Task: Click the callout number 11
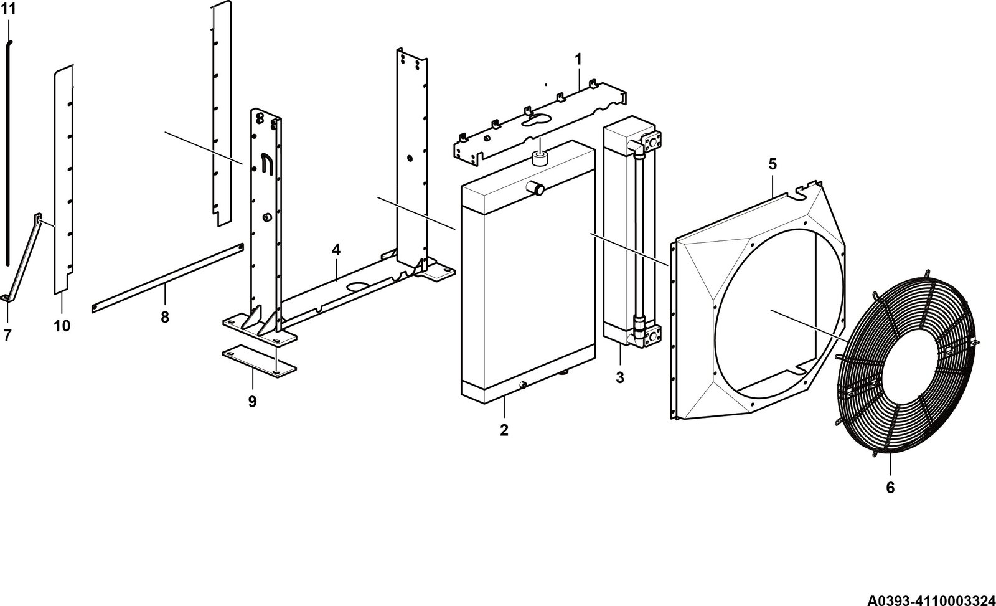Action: click(9, 9)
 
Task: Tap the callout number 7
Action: click(7, 335)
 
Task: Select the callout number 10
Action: click(62, 326)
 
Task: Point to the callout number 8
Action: click(165, 317)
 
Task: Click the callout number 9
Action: click(252, 402)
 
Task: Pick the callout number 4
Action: click(336, 250)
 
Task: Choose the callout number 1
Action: click(578, 59)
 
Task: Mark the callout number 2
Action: click(504, 430)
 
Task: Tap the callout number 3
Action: click(620, 378)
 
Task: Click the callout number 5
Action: click(773, 164)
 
